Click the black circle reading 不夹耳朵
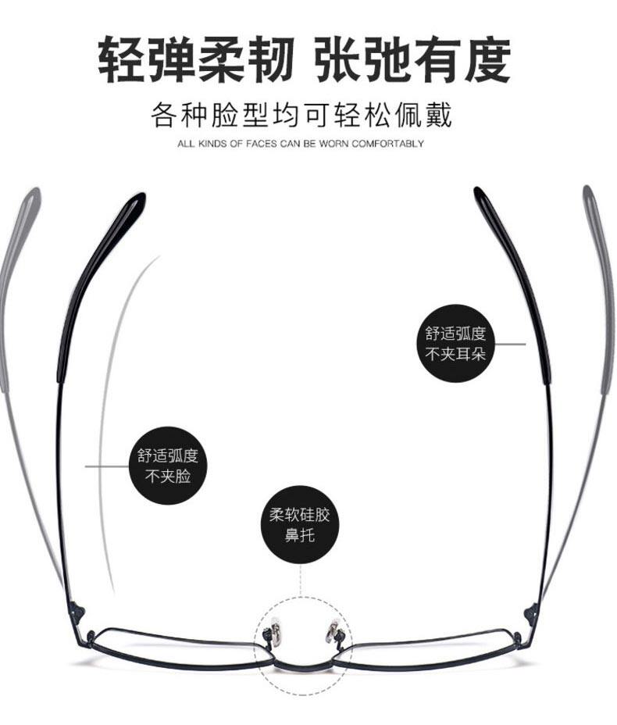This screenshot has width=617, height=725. tap(455, 343)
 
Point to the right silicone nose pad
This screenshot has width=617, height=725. tap(332, 628)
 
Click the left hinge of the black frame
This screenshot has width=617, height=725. tap(76, 608)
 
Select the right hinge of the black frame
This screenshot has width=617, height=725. tap(532, 609)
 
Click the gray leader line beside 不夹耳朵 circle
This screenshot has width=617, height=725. tap(511, 343)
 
